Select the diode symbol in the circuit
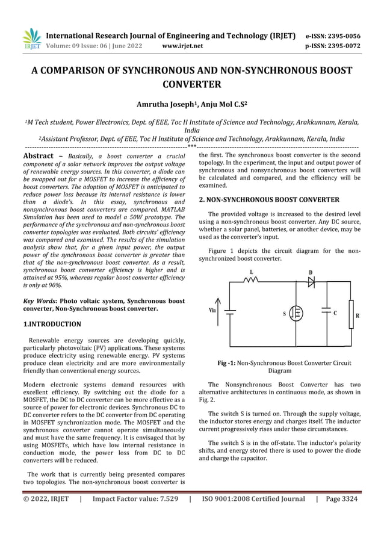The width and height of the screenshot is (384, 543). [x=311, y=282]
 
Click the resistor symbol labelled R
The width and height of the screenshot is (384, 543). [x=351, y=314]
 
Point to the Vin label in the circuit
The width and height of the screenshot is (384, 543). [x=212, y=310]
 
